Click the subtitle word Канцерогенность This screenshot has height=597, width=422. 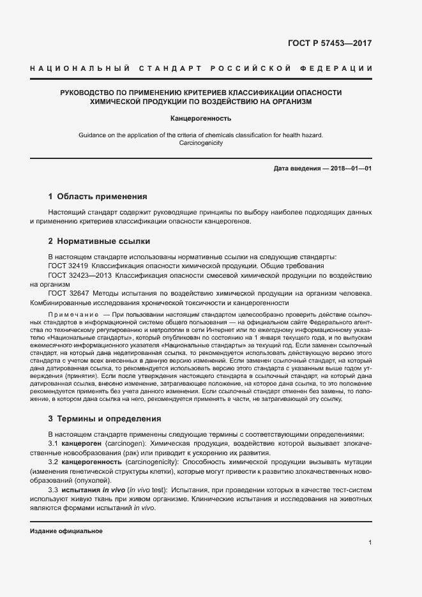click(200, 118)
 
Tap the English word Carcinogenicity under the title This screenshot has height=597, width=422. click(200, 143)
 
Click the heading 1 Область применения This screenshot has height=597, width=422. click(98, 197)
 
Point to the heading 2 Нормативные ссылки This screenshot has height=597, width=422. click(99, 241)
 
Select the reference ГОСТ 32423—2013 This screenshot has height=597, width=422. click(79, 275)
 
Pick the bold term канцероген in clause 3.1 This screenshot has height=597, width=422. click(82, 443)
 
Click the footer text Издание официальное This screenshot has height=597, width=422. click(66, 531)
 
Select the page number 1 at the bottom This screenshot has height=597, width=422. click(370, 543)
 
